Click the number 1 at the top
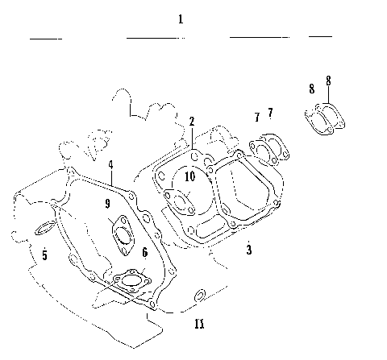click(x=180, y=19)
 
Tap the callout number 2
click(x=192, y=122)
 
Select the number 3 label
click(x=249, y=250)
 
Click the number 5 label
click(x=44, y=255)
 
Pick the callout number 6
click(x=144, y=252)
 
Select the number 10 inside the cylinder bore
click(x=190, y=176)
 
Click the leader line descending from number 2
click(x=193, y=137)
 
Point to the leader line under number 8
click(x=327, y=97)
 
